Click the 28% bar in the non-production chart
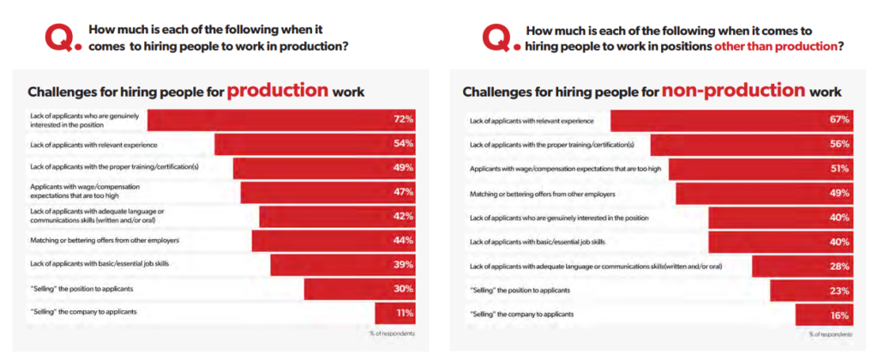pyautogui.click(x=802, y=267)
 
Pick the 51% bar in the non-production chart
pyautogui.click(x=760, y=169)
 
